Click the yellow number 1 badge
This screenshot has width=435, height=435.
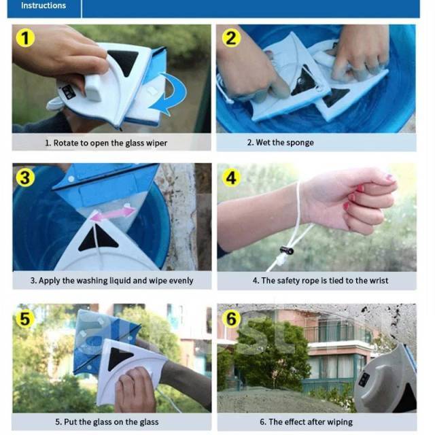pyautogui.click(x=25, y=38)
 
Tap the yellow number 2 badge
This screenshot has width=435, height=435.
pyautogui.click(x=231, y=38)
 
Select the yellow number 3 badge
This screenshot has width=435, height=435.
pyautogui.click(x=25, y=177)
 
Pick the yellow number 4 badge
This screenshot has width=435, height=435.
pyautogui.click(x=231, y=177)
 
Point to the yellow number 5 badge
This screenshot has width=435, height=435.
pyautogui.click(x=25, y=318)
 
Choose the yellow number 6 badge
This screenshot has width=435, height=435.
pyautogui.click(x=231, y=318)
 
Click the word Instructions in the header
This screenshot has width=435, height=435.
pyautogui.click(x=43, y=5)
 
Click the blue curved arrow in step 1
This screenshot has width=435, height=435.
pyautogui.click(x=172, y=93)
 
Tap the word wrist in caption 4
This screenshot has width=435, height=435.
pyautogui.click(x=379, y=281)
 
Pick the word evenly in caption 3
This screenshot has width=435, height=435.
pyautogui.click(x=180, y=281)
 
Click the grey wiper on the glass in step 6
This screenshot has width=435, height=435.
pyautogui.click(x=387, y=379)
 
